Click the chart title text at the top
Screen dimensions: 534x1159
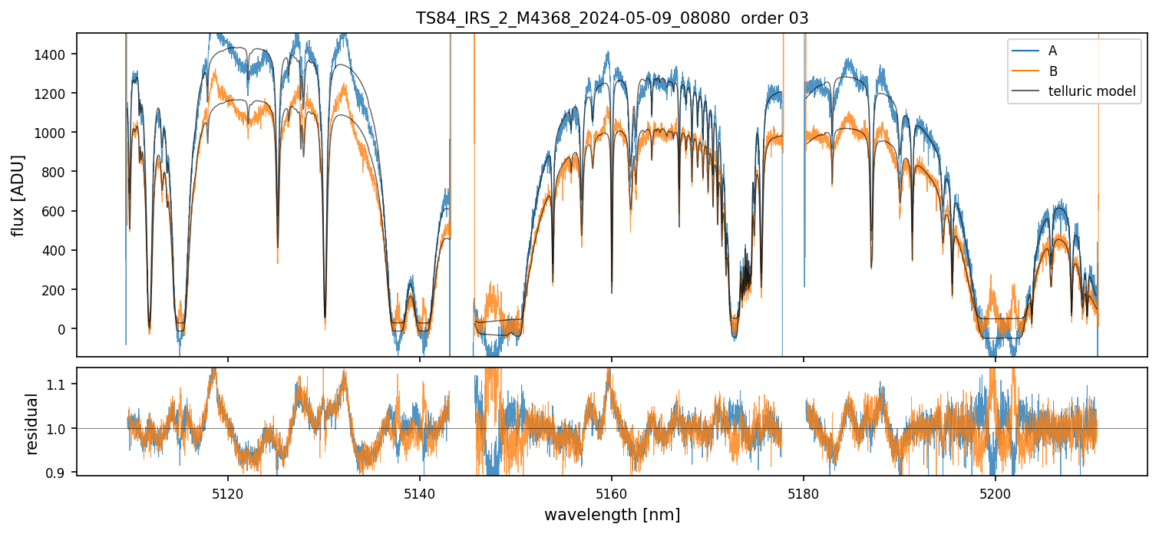(612, 18)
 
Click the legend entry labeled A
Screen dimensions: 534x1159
(1052, 51)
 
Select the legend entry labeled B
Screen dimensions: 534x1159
(1052, 71)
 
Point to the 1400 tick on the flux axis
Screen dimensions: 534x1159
(55, 54)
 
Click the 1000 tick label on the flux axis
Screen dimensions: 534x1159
(55, 133)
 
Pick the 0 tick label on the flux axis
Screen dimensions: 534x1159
(64, 329)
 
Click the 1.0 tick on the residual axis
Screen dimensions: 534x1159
(60, 428)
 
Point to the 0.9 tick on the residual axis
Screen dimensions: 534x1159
(60, 473)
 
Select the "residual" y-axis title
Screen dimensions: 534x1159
(32, 424)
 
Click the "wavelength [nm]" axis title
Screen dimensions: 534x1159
(612, 514)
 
